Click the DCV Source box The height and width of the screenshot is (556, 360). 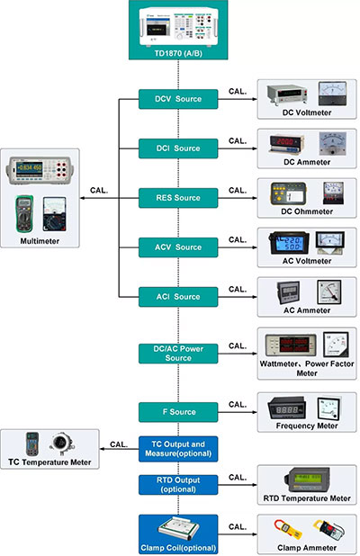pos(177,98)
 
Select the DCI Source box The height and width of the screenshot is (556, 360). pos(177,148)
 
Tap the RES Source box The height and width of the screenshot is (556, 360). pos(177,197)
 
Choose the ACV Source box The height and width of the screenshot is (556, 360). pos(177,247)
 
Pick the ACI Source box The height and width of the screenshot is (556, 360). pos(177,296)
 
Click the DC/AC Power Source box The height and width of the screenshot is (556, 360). pos(177,353)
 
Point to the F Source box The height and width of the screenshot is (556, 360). pos(177,412)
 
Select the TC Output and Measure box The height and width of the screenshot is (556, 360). pos(177,449)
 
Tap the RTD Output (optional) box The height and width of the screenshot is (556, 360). pos(177,484)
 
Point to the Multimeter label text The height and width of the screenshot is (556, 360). pos(41,241)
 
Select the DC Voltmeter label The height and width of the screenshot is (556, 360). pos(307,112)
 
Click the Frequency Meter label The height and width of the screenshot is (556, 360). pos(307,426)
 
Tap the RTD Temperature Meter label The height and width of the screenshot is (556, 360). pos(307,498)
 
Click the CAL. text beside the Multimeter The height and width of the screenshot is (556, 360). pos(102,190)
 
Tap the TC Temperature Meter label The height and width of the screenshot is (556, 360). pos(52,462)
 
